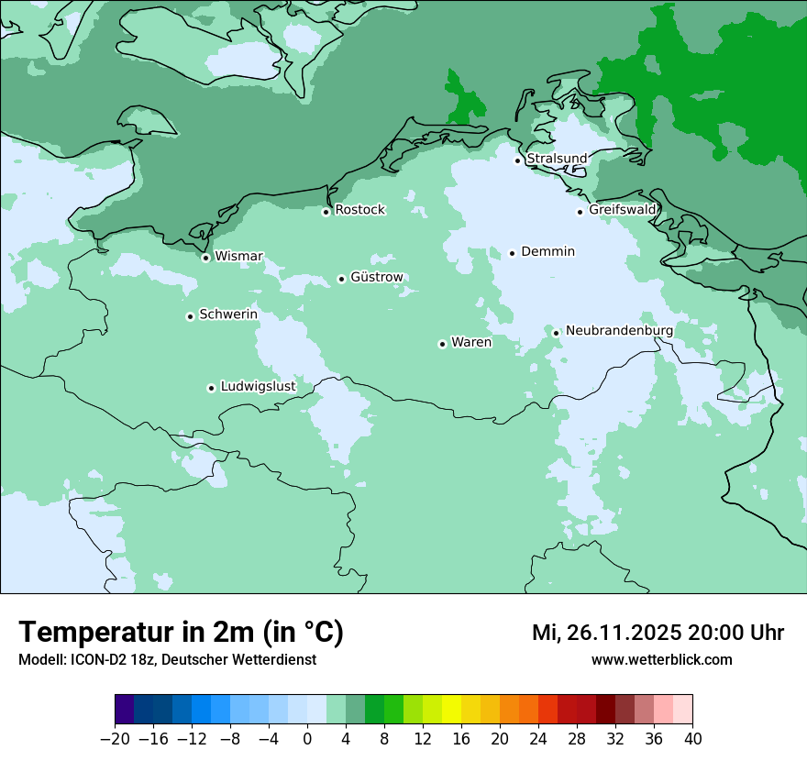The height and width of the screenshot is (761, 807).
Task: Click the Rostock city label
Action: [x=359, y=210]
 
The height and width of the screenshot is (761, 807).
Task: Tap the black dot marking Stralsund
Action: [x=517, y=160]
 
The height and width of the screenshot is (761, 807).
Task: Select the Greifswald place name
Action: [x=623, y=210]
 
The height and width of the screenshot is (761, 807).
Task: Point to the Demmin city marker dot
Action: [x=512, y=253]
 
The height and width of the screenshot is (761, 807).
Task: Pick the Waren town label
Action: [x=471, y=343]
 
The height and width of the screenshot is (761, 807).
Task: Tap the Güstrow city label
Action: [x=376, y=277]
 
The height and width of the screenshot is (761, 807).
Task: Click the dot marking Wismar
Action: [x=205, y=258]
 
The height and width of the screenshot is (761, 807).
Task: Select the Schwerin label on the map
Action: [x=228, y=314]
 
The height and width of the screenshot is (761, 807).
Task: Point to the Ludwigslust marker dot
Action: [x=211, y=388]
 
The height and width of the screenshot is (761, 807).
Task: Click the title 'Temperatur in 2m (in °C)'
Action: [x=181, y=632]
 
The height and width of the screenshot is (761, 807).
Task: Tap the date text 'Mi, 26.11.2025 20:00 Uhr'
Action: [x=658, y=633]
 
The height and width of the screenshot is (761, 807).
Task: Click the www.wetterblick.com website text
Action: [x=661, y=659]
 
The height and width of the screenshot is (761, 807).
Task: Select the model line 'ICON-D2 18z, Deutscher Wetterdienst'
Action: [x=167, y=659]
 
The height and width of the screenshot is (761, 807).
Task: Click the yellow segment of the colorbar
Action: [x=451, y=710]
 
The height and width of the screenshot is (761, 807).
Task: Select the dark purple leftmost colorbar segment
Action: [x=125, y=710]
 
